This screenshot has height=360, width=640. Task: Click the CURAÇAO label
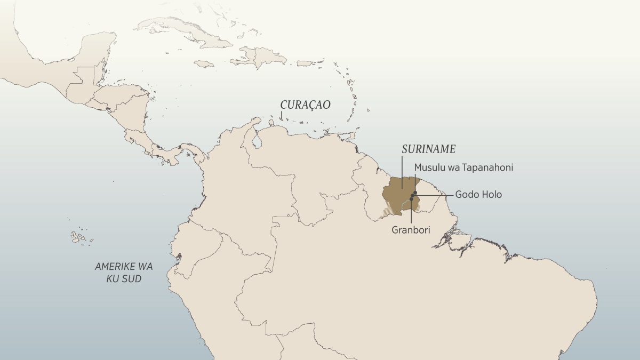coord(306,105)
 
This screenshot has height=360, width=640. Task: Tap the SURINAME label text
coord(428,149)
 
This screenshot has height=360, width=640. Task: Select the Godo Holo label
coord(478,195)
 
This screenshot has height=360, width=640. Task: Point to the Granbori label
coord(411,230)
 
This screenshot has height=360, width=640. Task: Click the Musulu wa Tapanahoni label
coord(463,167)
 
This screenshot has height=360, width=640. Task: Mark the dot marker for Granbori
coord(411,199)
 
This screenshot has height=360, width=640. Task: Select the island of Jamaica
coord(203,63)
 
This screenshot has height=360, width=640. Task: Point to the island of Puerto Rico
coord(303,63)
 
